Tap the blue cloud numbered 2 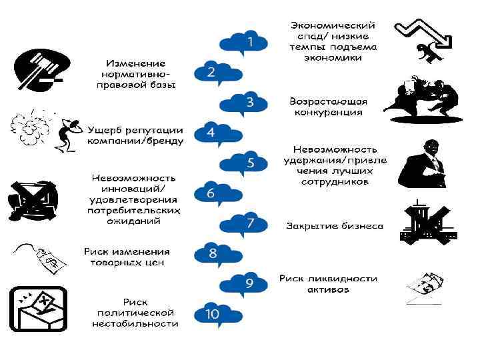tap(211, 73)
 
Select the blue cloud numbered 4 tap(211, 133)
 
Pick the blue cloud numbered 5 tap(247, 163)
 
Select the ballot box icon tap(38, 309)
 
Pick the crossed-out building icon tap(427, 223)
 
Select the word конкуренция tap(329, 113)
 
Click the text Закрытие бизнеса tap(335, 225)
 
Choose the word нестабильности tap(135, 323)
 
